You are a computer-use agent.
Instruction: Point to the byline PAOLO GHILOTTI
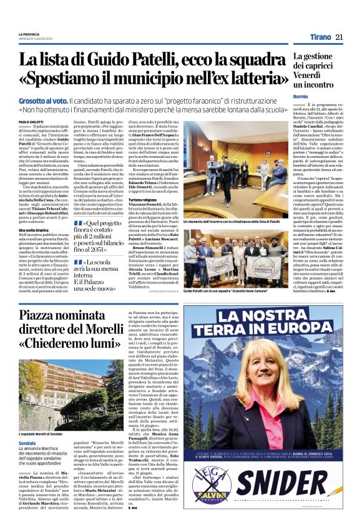tap(32, 122)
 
